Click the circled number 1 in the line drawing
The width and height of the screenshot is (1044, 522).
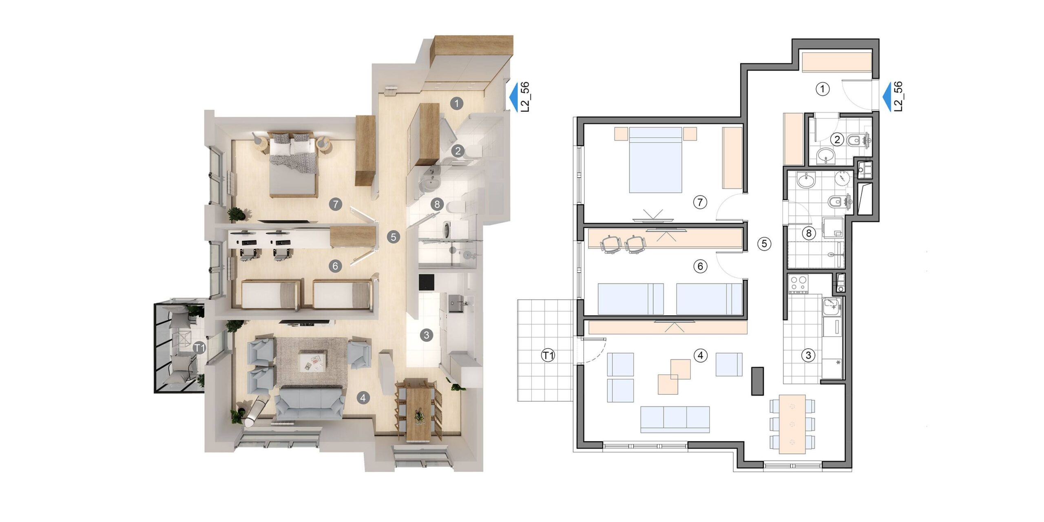click(x=823, y=88)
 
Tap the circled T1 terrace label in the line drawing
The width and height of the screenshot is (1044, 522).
click(x=548, y=356)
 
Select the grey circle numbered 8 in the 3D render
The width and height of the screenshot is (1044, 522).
click(x=437, y=204)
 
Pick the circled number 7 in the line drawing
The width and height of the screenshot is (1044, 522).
click(x=700, y=202)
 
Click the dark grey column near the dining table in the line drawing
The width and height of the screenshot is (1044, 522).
click(x=757, y=381)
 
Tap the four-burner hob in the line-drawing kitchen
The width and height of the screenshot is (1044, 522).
click(x=798, y=284)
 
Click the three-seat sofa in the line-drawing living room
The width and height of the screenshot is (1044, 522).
click(x=675, y=419)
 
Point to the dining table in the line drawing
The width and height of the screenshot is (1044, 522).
click(x=792, y=424)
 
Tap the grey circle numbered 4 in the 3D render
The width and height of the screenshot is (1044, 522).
click(x=363, y=397)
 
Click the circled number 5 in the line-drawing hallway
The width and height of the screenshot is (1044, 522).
click(x=764, y=244)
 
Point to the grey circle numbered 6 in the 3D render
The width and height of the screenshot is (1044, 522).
click(x=335, y=266)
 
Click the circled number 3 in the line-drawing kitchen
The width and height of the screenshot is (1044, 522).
click(x=808, y=355)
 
